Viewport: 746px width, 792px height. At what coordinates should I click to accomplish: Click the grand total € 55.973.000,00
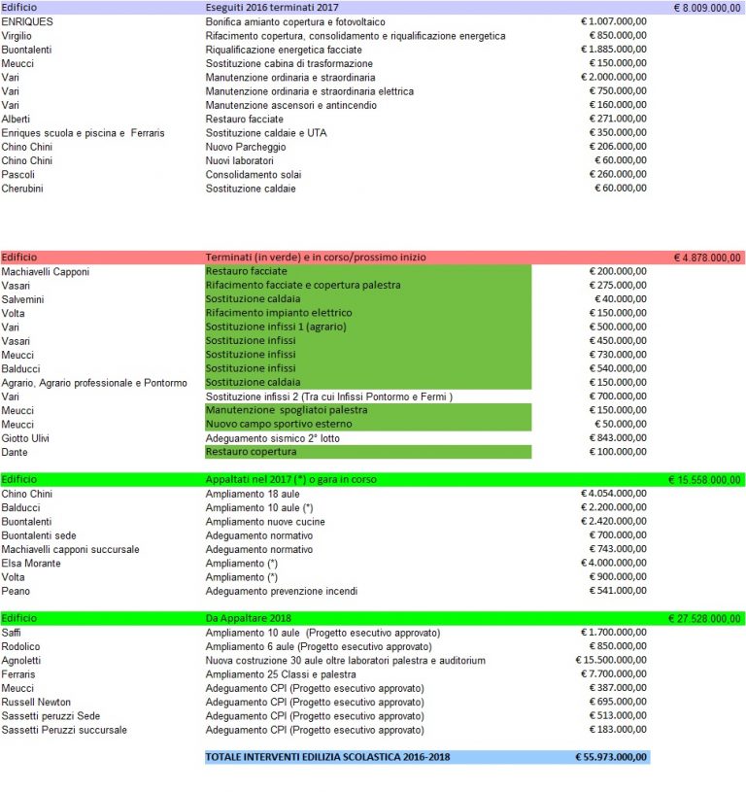611,757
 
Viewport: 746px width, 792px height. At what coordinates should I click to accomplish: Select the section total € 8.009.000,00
707,7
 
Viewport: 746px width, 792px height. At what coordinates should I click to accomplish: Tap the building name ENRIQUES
28,21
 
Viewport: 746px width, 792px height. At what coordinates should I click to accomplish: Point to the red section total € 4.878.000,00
707,258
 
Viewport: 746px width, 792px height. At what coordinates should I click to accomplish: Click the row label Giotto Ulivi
28,438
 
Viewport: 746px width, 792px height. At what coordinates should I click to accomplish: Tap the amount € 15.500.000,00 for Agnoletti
608,660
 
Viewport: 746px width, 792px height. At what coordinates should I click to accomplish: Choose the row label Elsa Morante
32,564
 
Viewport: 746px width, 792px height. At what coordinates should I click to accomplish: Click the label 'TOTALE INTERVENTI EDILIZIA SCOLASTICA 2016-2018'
327,757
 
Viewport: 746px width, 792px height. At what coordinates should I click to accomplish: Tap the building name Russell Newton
38,702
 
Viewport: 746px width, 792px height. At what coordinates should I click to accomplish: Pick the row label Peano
16,591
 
